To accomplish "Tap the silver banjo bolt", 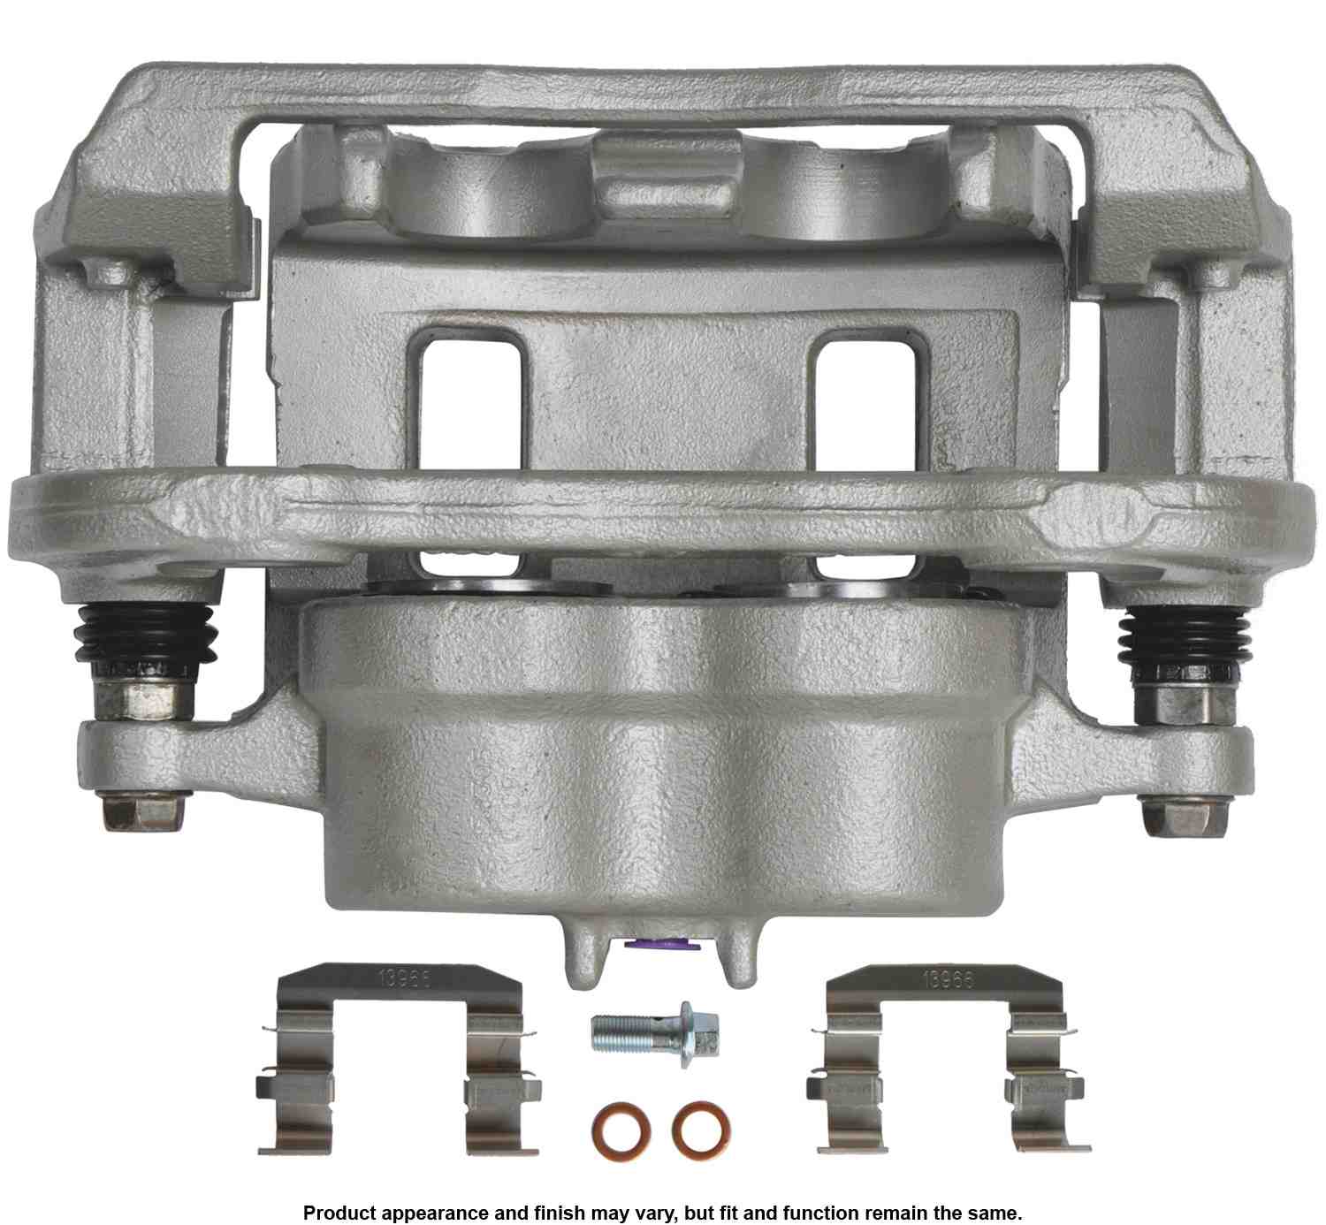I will point(654,1031).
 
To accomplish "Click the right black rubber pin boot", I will point(1183,638).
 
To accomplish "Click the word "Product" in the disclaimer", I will point(339,1212).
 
